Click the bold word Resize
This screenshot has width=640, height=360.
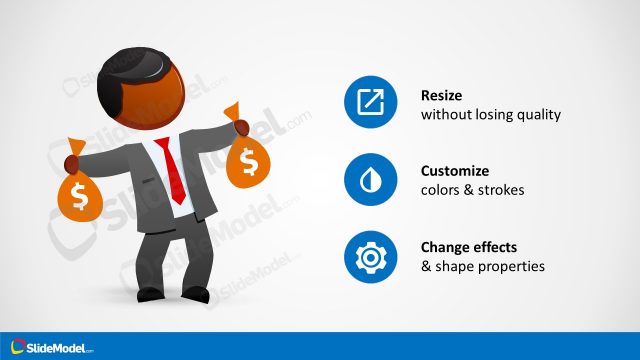coord(441,97)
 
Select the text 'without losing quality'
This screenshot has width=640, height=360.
coord(490,115)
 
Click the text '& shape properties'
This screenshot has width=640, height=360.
coord(483,267)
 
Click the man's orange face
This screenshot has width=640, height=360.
coord(165,100)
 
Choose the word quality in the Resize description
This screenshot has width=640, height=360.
coord(539,115)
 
